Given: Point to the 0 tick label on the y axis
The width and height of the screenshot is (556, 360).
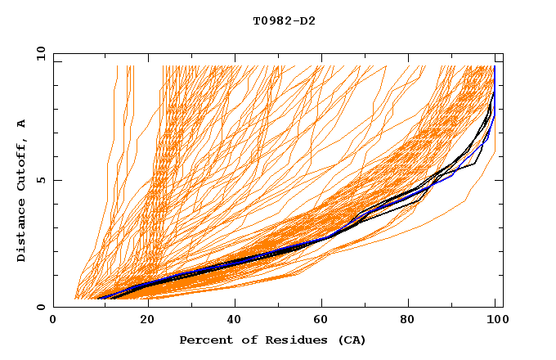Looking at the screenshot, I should [x=41, y=308].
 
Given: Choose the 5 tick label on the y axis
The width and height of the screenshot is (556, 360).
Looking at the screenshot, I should [x=41, y=180].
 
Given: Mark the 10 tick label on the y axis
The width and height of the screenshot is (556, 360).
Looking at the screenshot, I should [x=38, y=53].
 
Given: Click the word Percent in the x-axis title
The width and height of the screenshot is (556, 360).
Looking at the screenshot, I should [x=204, y=340].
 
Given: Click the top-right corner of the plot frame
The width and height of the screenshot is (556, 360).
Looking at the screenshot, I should [x=503, y=53].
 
